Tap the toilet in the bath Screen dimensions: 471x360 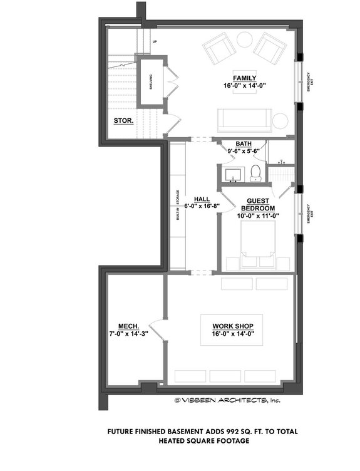[x=255, y=173]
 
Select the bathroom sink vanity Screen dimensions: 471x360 [x=234, y=174]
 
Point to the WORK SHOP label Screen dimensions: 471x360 [x=237, y=326]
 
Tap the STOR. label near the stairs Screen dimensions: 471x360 [x=123, y=121]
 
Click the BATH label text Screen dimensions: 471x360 [x=244, y=143]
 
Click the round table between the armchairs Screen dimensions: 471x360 [x=244, y=40]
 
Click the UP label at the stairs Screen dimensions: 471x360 [x=154, y=42]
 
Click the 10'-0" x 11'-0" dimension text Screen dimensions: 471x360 [x=257, y=215]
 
